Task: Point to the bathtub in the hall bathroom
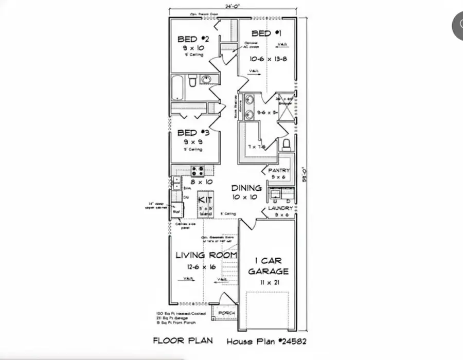point(177,87)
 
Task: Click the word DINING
point(246,188)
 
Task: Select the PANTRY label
point(279,170)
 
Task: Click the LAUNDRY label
point(280,208)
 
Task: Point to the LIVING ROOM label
point(206,255)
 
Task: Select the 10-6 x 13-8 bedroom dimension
point(268,59)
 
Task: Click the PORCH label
point(226,313)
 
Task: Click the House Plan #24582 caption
point(267,340)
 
